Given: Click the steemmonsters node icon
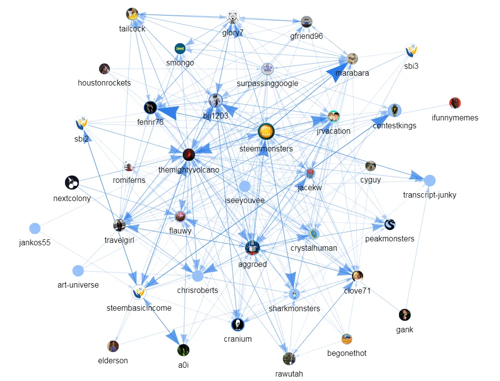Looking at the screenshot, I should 266,131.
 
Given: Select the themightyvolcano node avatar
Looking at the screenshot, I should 188,155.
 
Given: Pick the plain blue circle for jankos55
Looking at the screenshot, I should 34,228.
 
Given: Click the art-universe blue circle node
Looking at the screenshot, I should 78,271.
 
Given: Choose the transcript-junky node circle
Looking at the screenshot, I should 430,180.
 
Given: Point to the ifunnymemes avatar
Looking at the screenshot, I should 455,103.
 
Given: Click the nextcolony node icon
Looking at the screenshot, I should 72,183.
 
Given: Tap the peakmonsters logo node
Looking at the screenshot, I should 390,225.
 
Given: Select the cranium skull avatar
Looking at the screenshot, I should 237,324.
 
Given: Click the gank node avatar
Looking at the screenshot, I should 404,315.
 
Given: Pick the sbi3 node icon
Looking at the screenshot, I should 411,51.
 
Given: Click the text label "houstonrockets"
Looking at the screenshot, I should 104,83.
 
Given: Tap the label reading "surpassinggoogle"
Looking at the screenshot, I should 267,83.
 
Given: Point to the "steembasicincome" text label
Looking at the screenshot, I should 139,308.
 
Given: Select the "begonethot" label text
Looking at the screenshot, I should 347,353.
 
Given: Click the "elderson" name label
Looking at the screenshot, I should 113,360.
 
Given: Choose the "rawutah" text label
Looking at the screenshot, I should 289,374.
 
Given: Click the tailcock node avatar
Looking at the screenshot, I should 132,14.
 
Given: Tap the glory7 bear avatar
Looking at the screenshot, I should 233,18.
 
